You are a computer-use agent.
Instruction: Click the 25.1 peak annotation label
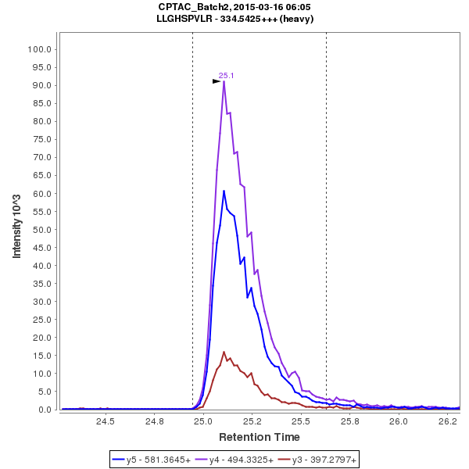[227, 76]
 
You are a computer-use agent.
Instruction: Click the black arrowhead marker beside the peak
[217, 81]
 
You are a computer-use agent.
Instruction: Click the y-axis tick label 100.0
[39, 49]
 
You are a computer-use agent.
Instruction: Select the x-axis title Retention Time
[259, 437]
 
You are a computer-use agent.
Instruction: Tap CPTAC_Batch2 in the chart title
[191, 6]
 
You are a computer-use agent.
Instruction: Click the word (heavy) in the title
[298, 18]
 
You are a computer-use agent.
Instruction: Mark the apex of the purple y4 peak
[224, 81]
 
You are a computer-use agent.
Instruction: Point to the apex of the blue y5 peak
[224, 191]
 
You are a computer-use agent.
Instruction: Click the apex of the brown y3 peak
[224, 352]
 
